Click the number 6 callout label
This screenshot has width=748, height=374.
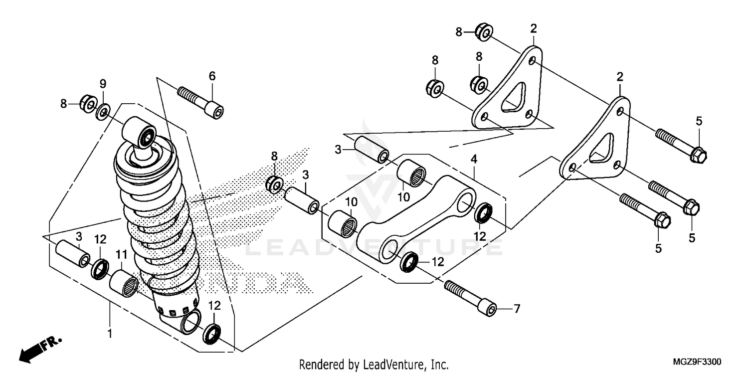[x=212, y=76]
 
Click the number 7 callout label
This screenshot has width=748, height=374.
[x=517, y=309]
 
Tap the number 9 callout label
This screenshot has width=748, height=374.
[x=103, y=83]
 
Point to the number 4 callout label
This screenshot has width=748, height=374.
[x=474, y=159]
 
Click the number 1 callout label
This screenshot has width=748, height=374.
[x=110, y=333]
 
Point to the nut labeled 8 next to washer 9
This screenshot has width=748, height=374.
[x=88, y=104]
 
